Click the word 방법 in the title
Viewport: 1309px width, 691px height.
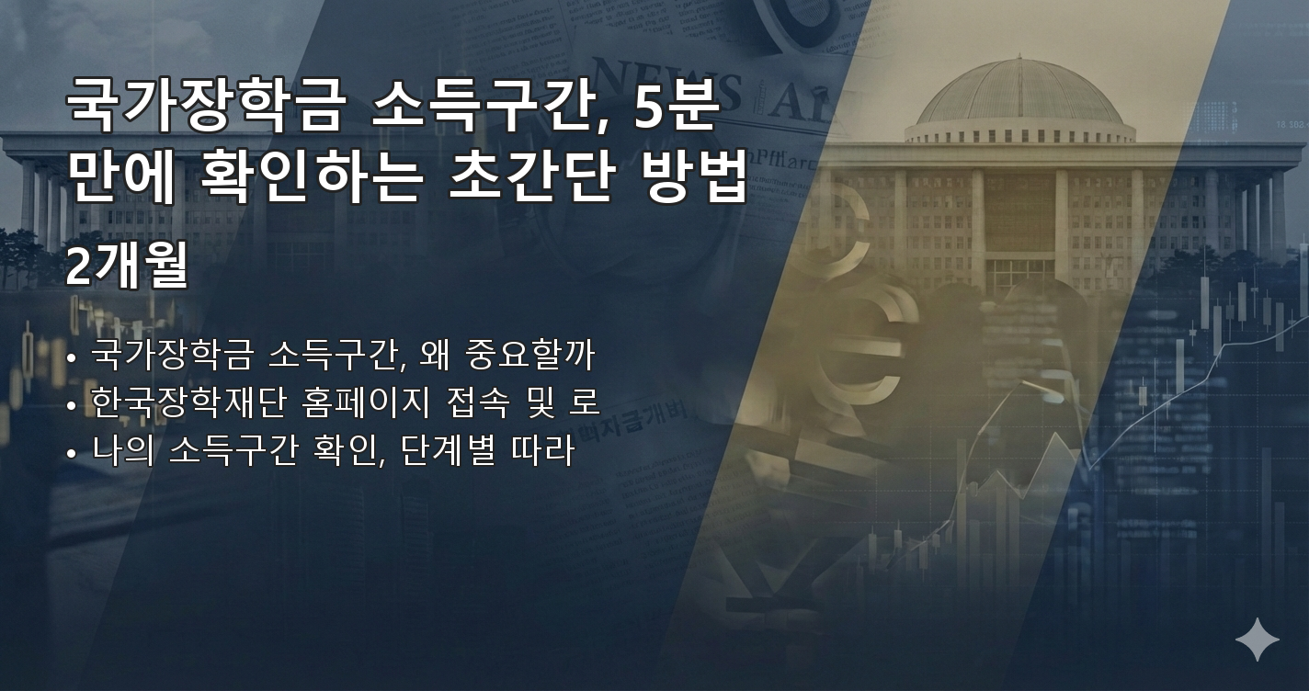click(x=690, y=178)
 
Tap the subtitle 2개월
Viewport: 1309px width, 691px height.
click(x=127, y=267)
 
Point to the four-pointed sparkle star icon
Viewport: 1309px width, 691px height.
click(x=1257, y=640)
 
